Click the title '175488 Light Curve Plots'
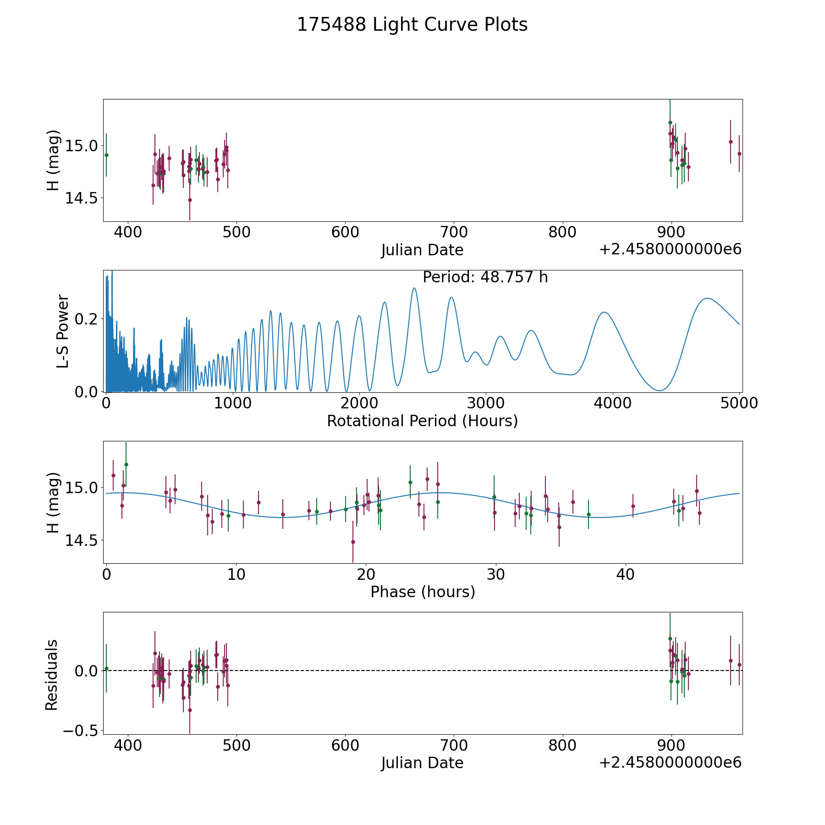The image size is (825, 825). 412,25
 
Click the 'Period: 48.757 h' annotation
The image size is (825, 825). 485,277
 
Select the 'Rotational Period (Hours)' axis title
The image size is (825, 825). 422,421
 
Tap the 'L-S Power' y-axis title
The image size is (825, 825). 63,331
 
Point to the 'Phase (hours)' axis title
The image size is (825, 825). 423,592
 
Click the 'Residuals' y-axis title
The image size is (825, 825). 52,675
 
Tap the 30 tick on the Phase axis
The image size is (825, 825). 495,574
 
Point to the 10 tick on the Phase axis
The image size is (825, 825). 236,574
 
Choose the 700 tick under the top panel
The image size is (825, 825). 454,232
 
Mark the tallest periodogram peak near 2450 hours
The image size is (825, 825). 414,288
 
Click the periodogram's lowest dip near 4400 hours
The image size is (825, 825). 660,390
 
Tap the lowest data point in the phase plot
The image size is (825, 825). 353,542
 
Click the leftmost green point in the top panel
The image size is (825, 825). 106,155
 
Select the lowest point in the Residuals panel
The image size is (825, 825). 190,710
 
